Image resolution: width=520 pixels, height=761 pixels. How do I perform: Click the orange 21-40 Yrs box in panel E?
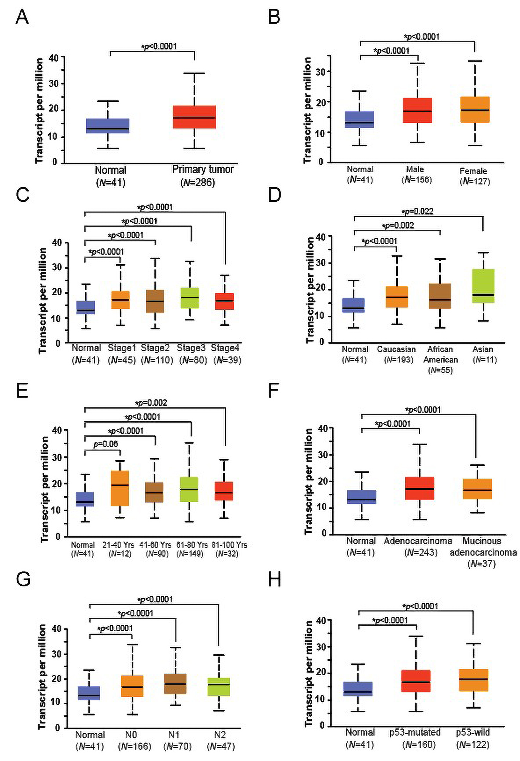point(120,488)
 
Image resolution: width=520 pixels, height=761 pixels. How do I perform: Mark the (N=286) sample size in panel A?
point(198,182)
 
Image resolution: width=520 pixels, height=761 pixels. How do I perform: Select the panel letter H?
point(275,579)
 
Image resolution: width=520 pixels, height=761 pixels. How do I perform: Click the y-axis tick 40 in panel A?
point(53,58)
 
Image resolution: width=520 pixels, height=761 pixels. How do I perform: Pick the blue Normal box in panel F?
point(361,497)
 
